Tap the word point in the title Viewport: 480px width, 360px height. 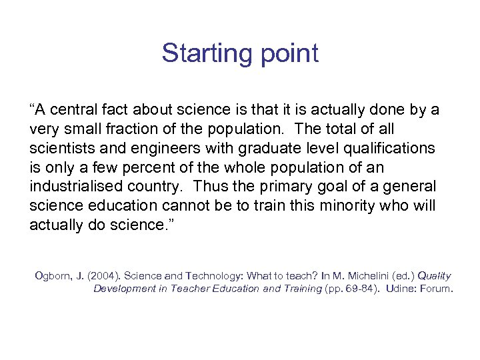coord(282,54)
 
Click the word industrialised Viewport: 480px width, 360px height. coord(69,187)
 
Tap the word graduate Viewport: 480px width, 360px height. coord(251,148)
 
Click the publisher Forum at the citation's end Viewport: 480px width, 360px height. coord(436,289)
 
